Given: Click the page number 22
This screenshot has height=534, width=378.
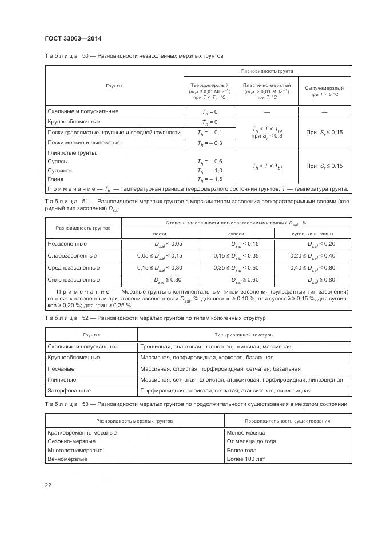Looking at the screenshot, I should click(x=48, y=485).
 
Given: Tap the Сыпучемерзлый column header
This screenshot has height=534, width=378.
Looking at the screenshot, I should click(x=324, y=91).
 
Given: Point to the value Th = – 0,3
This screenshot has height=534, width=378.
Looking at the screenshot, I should click(x=209, y=143).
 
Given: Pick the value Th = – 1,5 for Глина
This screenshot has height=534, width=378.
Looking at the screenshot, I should click(x=209, y=179).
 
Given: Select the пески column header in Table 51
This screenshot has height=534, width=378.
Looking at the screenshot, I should click(x=160, y=234).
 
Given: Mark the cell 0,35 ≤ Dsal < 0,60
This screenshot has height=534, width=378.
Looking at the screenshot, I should click(x=236, y=267).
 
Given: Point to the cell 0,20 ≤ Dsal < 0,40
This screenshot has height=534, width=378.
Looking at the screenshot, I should click(x=312, y=255).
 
